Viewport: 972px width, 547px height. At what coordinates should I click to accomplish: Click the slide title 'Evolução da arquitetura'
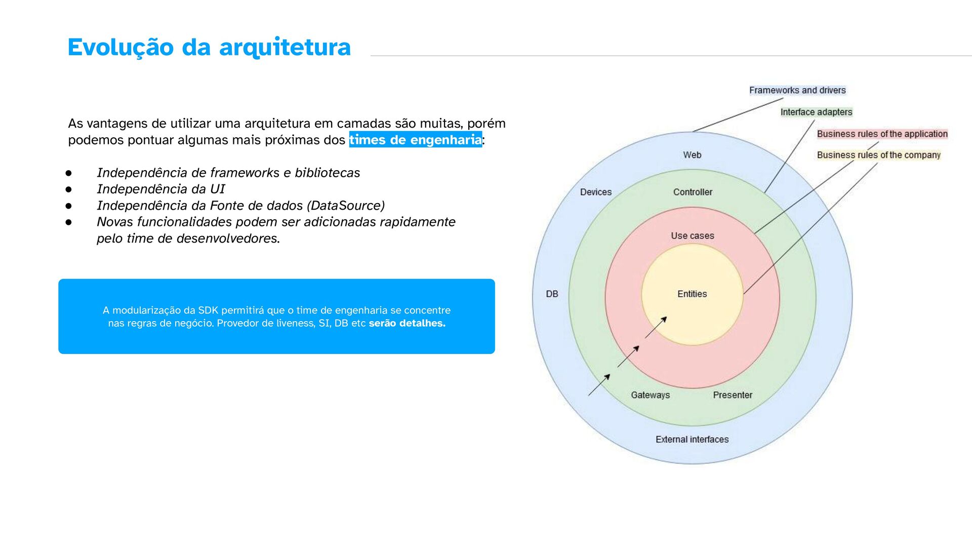point(209,47)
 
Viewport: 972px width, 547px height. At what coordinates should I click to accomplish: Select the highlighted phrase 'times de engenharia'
point(415,140)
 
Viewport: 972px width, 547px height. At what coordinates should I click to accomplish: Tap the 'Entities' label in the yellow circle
point(692,294)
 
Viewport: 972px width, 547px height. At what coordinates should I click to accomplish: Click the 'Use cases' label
point(692,236)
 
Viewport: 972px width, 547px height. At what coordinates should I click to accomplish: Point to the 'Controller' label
point(692,192)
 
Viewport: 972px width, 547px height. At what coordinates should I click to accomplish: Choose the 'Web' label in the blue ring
point(692,155)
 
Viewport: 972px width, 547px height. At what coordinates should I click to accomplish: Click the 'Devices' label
point(595,192)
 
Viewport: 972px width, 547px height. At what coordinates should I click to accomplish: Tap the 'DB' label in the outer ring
point(552,294)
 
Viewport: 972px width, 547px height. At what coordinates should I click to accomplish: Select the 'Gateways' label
point(650,395)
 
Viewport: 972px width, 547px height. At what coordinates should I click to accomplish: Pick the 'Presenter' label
point(732,395)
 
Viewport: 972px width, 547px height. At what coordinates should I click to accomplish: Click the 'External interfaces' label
point(692,439)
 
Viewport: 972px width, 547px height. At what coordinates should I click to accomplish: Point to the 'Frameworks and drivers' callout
point(797,90)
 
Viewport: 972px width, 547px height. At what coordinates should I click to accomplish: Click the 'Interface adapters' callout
point(816,112)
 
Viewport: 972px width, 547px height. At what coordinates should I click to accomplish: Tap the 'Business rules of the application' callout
point(882,134)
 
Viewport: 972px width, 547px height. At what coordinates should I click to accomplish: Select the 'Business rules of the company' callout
point(878,155)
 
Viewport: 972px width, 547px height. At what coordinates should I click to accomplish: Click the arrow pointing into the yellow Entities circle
point(656,327)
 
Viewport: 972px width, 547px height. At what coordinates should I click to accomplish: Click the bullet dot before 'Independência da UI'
point(68,189)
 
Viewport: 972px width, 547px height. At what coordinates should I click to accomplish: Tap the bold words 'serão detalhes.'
point(407,323)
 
